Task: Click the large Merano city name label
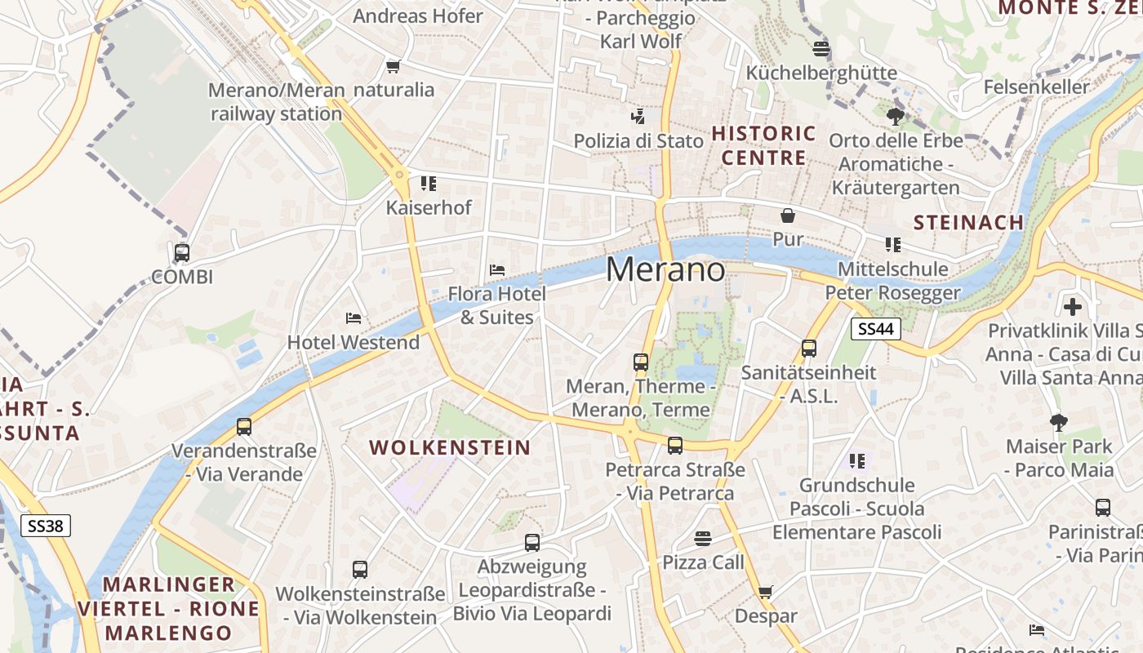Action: coord(665,270)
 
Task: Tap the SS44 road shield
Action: coord(875,329)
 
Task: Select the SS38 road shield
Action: coord(46,526)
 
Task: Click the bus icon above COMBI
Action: coord(182,253)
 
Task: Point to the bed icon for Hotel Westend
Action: coord(354,318)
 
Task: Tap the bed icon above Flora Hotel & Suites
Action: coord(496,269)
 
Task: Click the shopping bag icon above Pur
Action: coord(788,215)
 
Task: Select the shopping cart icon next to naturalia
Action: coord(394,66)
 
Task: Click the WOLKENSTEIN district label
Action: coord(450,447)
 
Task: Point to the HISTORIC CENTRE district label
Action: coord(763,145)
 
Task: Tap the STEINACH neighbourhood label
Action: coord(968,222)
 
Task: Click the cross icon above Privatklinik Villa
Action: coord(1073,307)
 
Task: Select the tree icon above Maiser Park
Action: coord(1059,422)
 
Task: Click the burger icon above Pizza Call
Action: coord(703,538)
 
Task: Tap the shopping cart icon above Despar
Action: coord(765,592)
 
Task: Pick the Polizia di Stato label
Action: coord(638,140)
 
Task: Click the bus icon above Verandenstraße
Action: coord(244,426)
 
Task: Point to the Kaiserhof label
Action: coord(429,207)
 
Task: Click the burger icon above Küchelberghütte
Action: coord(821,48)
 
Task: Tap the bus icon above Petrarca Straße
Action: coord(675,446)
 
